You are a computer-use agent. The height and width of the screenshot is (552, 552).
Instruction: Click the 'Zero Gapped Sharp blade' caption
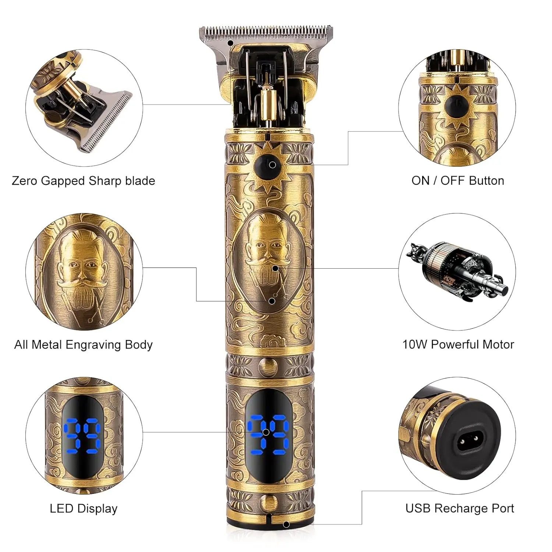point(83,181)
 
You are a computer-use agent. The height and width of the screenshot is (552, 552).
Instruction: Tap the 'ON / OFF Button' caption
point(458,180)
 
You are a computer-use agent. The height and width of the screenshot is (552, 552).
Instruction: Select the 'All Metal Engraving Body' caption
point(83,345)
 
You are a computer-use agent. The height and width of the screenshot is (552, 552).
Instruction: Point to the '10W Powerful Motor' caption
point(458,344)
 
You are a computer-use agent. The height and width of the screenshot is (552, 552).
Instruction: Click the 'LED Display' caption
point(84,509)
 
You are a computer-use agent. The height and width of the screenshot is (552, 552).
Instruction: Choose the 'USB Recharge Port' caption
point(460,509)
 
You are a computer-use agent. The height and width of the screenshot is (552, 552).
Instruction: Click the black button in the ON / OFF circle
point(456,106)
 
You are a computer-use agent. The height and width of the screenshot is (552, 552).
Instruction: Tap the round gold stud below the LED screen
point(268,502)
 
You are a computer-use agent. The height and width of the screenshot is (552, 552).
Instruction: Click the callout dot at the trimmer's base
point(286,524)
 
